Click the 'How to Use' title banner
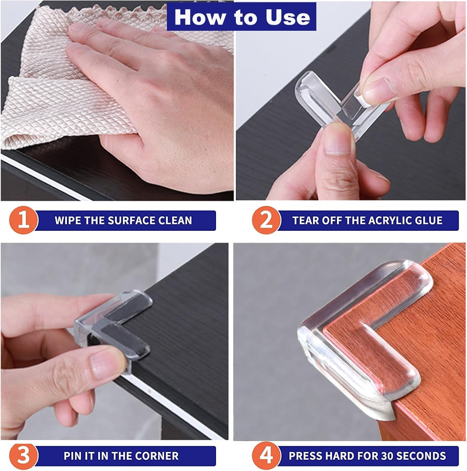click(242, 17)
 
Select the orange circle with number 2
click(266, 220)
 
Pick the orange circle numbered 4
click(266, 456)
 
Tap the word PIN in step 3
click(73, 456)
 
